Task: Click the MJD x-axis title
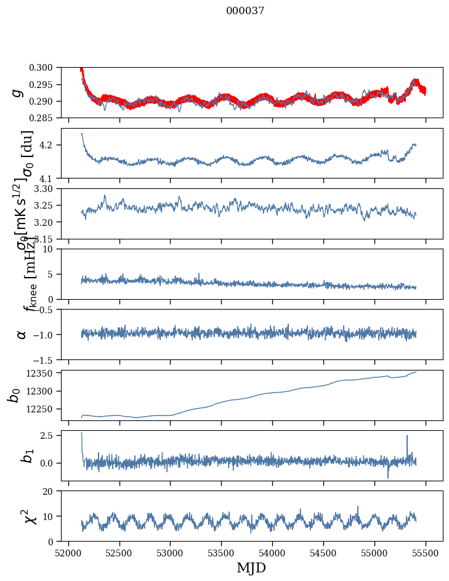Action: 251,567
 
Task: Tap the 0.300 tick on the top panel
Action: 48,68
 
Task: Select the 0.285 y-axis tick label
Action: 48,118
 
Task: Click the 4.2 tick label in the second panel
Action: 53,145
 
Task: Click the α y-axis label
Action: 22,334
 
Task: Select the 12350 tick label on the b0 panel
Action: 46,373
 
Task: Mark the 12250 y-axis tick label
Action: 46,409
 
